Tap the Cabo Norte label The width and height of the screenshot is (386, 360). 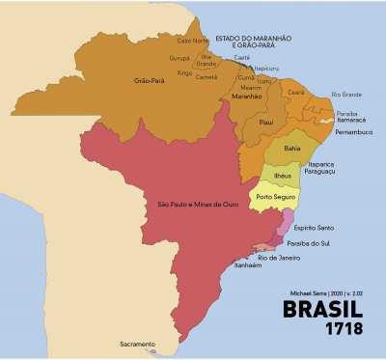[192, 41]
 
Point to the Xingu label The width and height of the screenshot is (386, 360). [185, 72]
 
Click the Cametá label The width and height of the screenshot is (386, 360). [207, 76]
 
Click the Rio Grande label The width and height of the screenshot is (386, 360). [345, 94]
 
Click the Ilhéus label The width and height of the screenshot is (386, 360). [282, 177]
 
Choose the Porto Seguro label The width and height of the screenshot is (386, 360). [276, 197]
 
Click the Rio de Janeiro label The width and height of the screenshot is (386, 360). [279, 258]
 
